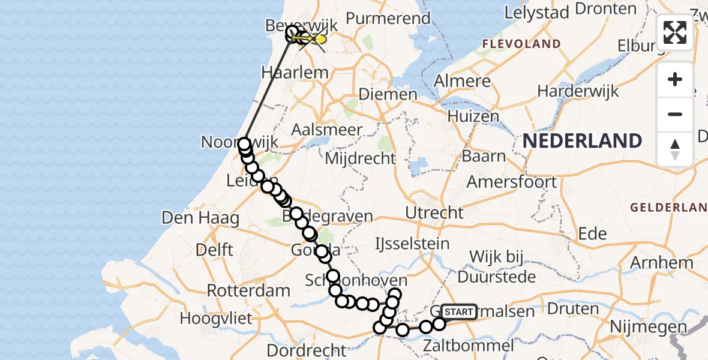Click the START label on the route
[x=459, y=311]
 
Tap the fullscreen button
[x=675, y=32]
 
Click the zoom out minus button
[x=675, y=114]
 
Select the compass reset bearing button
[x=675, y=149]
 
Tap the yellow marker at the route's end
[x=320, y=39]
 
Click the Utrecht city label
[x=434, y=212]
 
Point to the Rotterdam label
[x=248, y=290]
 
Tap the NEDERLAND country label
[x=583, y=141]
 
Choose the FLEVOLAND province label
[x=521, y=44]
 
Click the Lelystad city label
[x=535, y=11]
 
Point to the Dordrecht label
[x=307, y=349]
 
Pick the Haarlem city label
[x=295, y=73]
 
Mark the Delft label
[x=214, y=248]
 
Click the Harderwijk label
[x=580, y=91]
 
